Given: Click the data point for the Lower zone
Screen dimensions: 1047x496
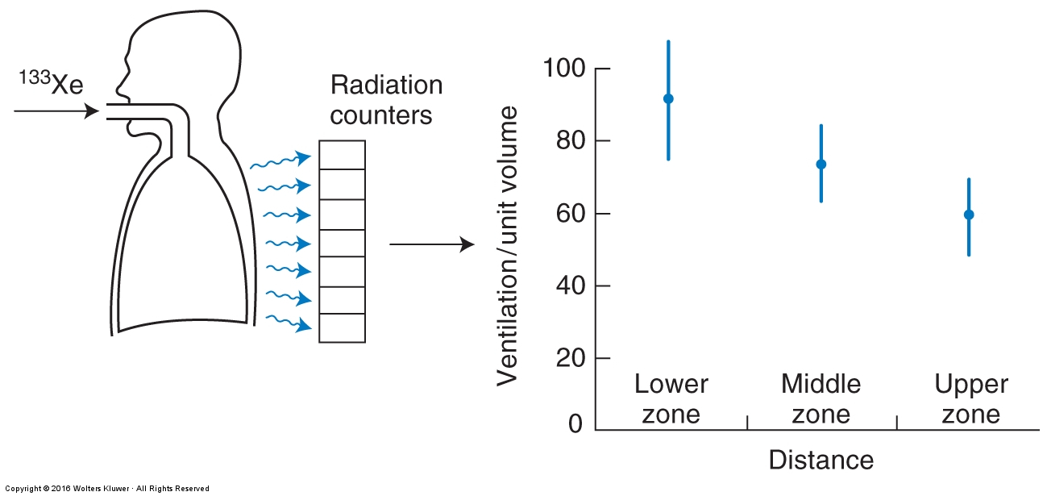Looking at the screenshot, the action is [668, 98].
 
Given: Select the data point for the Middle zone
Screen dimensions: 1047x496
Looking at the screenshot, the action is [821, 164].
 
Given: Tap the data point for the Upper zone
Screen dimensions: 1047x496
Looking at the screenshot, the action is [969, 215].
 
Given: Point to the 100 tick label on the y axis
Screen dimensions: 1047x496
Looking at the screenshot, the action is [564, 69].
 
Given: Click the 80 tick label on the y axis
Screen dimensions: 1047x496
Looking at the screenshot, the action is [571, 140].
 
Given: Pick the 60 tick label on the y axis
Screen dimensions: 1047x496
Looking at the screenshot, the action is [571, 214].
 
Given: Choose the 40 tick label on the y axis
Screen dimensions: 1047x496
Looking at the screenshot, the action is [571, 286].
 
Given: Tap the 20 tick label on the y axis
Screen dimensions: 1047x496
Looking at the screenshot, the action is [571, 358].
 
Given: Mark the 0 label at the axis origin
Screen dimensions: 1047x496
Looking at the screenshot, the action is [575, 423].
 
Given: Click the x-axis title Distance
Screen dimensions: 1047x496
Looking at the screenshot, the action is [821, 460].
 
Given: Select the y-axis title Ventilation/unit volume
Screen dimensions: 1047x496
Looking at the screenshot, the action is [507, 246].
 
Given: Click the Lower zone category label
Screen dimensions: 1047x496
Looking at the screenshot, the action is [671, 398].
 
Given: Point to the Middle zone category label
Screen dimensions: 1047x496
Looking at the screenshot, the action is [821, 398].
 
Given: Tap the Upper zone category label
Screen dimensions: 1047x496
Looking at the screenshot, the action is [971, 398].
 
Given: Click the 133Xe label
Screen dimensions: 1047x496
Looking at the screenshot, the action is [51, 83].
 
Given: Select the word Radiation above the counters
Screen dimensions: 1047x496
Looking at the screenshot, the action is [387, 85].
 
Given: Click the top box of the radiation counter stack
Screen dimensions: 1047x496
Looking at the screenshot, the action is [342, 155].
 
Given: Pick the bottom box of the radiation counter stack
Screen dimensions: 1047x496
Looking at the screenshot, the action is [342, 328].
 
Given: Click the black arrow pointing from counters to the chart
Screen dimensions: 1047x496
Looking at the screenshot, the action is [432, 244].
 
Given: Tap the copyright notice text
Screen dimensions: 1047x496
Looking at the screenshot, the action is [107, 489].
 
